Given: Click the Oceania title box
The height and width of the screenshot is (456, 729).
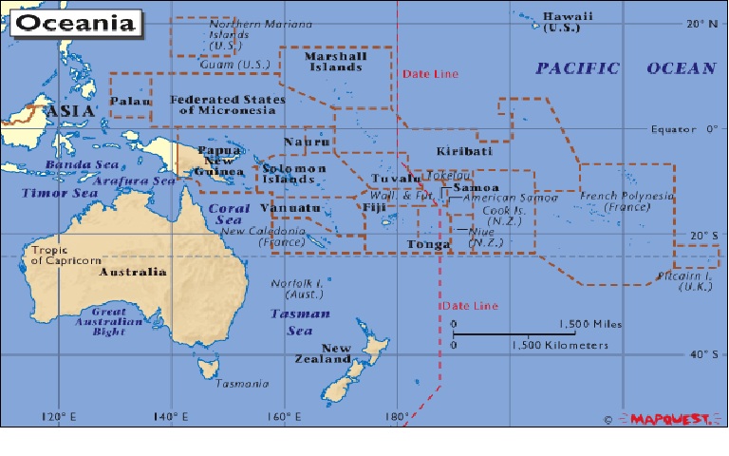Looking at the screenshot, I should (74, 22).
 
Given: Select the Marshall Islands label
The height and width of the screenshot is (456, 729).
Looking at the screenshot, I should (333, 62).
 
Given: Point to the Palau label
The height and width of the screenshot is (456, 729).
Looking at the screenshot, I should (125, 102).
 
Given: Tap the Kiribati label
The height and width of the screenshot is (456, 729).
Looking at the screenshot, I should (464, 152).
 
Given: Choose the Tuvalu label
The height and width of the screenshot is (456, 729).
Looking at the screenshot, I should (396, 178).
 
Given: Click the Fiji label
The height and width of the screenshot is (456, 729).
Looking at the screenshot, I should (374, 208).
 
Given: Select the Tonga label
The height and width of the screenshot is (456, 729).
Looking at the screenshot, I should (428, 244).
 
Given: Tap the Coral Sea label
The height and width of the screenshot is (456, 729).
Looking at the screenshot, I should (229, 214).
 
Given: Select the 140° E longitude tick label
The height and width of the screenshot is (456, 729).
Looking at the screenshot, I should (174, 417).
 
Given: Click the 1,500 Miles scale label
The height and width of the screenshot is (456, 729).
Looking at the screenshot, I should (590, 324).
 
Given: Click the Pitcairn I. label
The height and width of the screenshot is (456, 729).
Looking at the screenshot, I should (683, 282).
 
